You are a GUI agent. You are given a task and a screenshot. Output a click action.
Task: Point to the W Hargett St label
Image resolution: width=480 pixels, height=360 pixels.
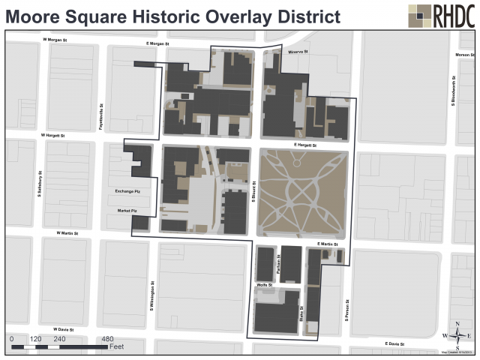tap(53, 136)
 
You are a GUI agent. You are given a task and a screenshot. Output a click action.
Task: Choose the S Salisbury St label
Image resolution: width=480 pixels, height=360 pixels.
tap(39, 183)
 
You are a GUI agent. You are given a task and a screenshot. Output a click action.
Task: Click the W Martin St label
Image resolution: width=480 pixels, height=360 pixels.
tap(67, 233)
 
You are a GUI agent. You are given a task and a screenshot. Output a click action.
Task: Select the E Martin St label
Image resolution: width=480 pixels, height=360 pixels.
tap(328, 244)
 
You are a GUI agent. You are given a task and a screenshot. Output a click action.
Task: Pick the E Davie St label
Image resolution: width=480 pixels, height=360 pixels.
tap(397, 343)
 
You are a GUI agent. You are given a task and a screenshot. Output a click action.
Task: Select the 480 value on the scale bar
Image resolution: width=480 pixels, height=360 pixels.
tap(107, 339)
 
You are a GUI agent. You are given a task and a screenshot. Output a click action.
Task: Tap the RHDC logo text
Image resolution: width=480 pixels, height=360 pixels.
tap(454, 15)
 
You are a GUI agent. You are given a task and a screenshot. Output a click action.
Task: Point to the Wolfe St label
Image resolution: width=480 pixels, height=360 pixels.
tap(263, 286)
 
